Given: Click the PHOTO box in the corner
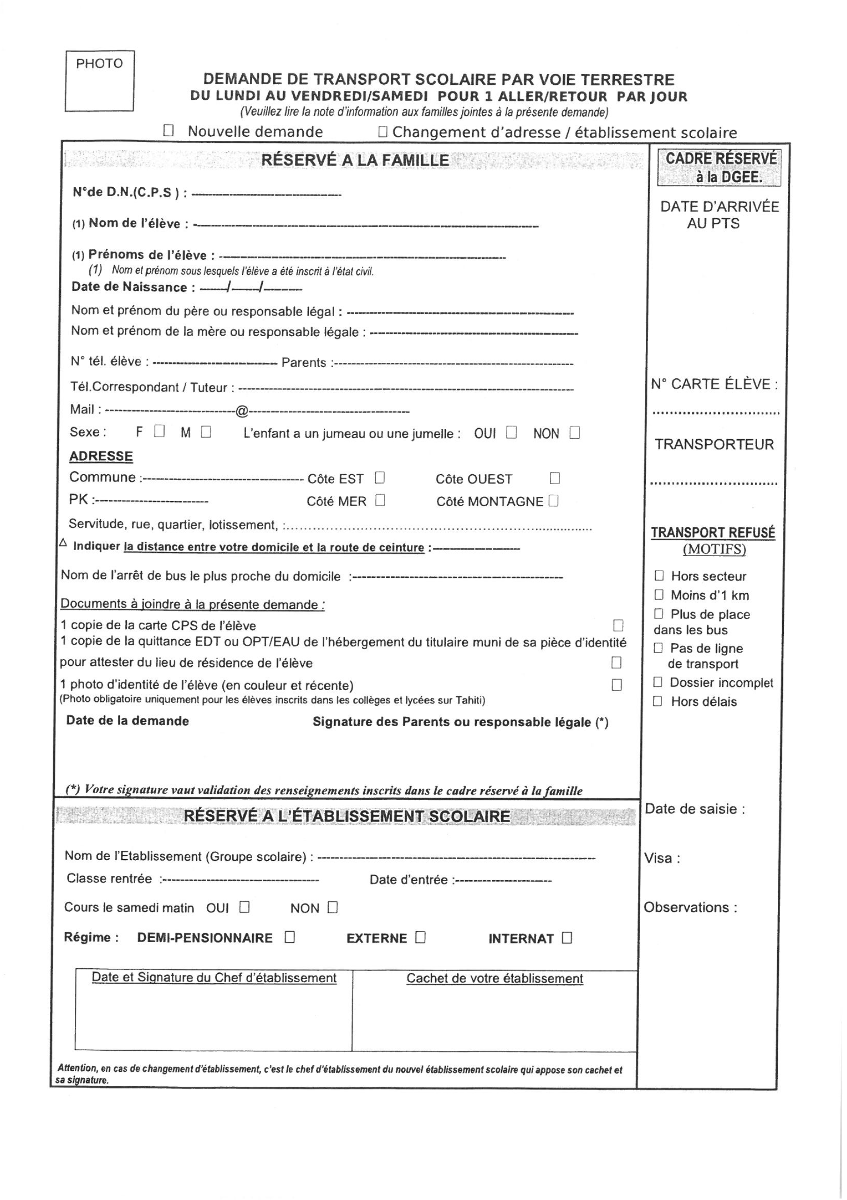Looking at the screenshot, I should coord(99,81).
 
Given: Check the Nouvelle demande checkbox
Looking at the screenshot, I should coord(168,131).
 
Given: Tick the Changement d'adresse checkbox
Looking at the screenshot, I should coord(382,132).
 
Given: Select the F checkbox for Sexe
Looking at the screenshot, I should coord(160,431).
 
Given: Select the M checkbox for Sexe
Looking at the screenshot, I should coord(206,432).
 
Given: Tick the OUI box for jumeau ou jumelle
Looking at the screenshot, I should coord(511,433).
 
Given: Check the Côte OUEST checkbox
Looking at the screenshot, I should coord(555,478).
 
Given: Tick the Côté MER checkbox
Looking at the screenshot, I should coord(380,500).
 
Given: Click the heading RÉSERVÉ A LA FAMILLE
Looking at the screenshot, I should coord(355,160).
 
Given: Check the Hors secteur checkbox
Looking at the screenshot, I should coord(659,575).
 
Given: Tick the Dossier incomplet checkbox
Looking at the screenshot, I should coord(658,682).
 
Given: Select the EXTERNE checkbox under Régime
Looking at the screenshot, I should coord(421,937).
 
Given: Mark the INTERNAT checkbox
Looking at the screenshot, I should coord(567,938).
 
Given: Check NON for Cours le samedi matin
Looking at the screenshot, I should coord(333,907).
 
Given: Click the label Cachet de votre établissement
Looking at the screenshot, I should coord(494,979).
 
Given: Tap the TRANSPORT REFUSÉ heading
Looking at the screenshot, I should coord(713,532).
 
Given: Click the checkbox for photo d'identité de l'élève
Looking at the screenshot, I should coord(617,685).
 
